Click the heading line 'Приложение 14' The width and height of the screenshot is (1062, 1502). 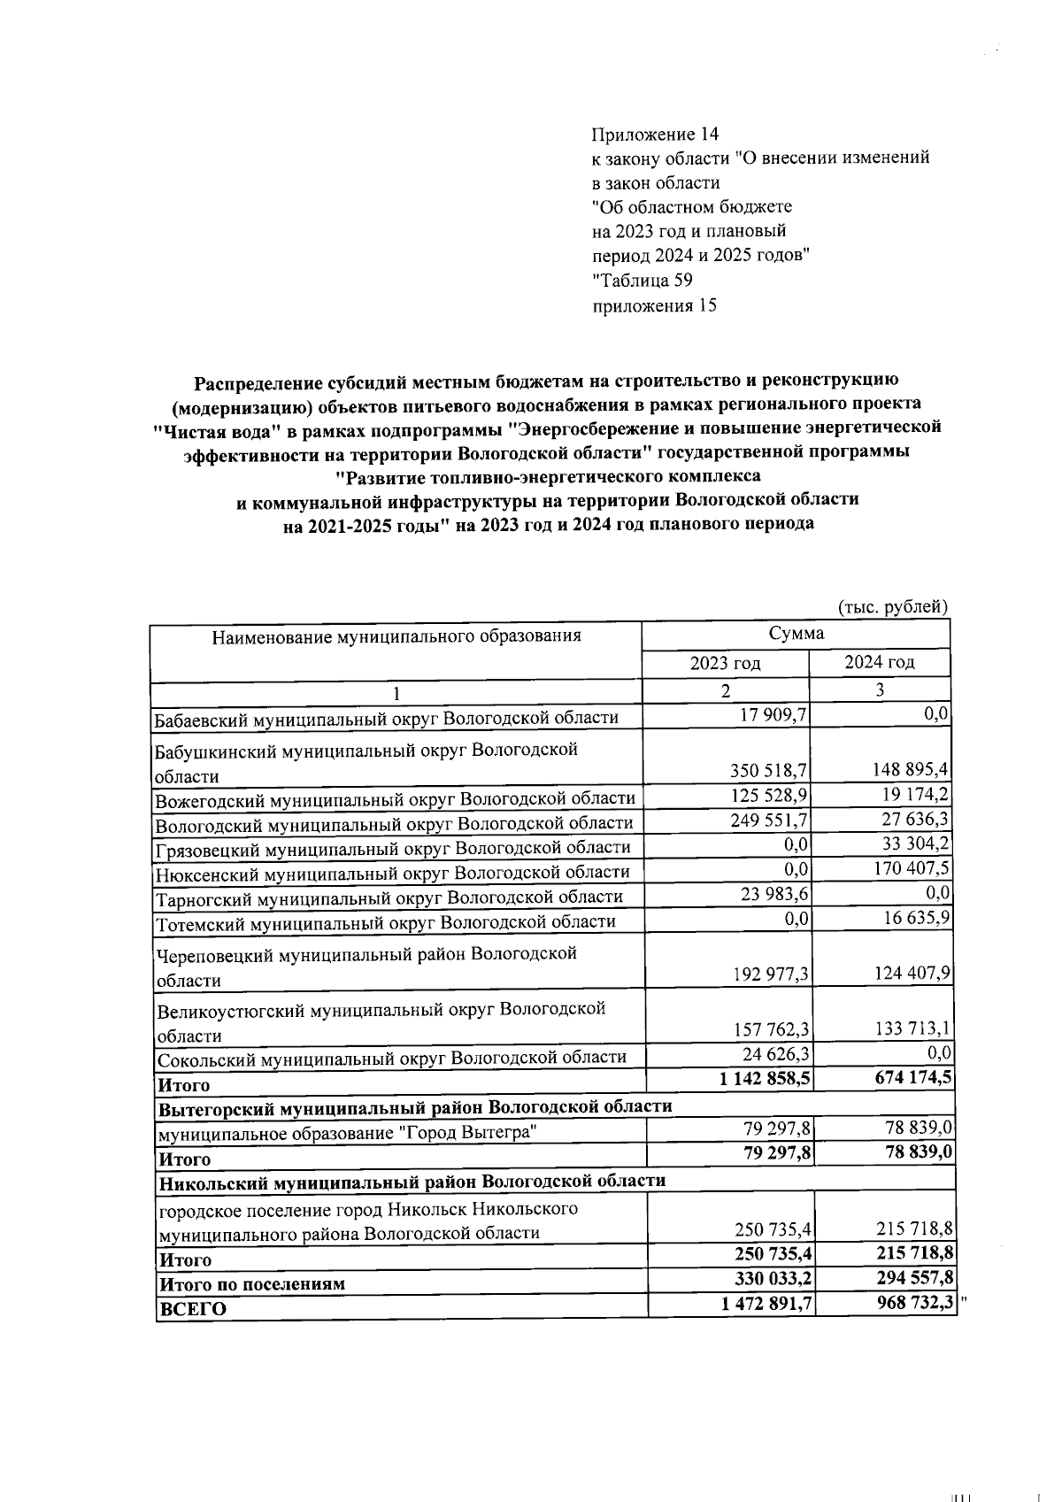point(654,135)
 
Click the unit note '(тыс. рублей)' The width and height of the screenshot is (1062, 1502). point(892,607)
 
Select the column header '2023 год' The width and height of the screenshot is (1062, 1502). point(726,663)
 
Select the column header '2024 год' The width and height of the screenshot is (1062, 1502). point(879,662)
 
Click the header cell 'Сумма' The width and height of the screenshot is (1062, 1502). point(796,634)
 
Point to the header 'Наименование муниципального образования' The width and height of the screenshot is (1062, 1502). point(396,635)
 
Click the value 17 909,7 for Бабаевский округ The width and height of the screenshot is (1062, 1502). point(773,714)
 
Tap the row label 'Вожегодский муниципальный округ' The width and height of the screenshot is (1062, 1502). point(395,798)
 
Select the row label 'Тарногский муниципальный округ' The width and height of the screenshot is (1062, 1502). point(389,897)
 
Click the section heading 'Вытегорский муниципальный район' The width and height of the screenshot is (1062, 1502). point(414,1107)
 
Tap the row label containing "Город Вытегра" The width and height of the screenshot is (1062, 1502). point(347,1133)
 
